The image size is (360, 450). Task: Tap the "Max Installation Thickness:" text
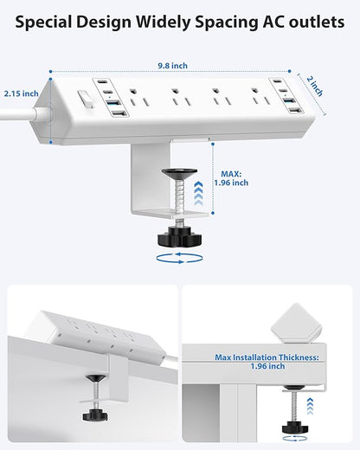tap(266, 356)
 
